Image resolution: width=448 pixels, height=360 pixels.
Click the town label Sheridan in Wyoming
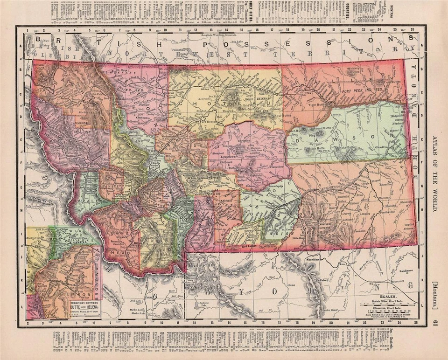point(311,258)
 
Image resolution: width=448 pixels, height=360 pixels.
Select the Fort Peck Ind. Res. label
point(362,89)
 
